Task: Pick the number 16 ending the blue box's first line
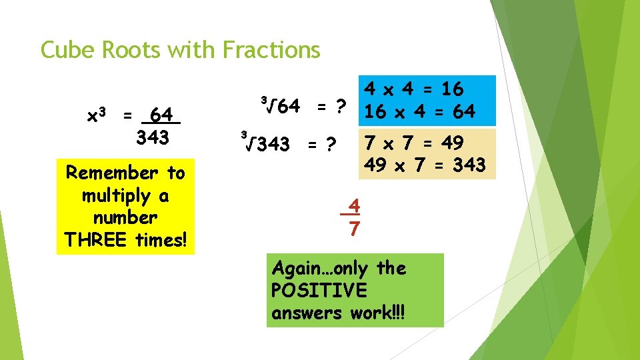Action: pos(451,89)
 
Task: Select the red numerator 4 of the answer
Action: pos(355,205)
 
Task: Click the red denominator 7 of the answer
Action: pos(355,229)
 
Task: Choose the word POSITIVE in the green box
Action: pos(319,291)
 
